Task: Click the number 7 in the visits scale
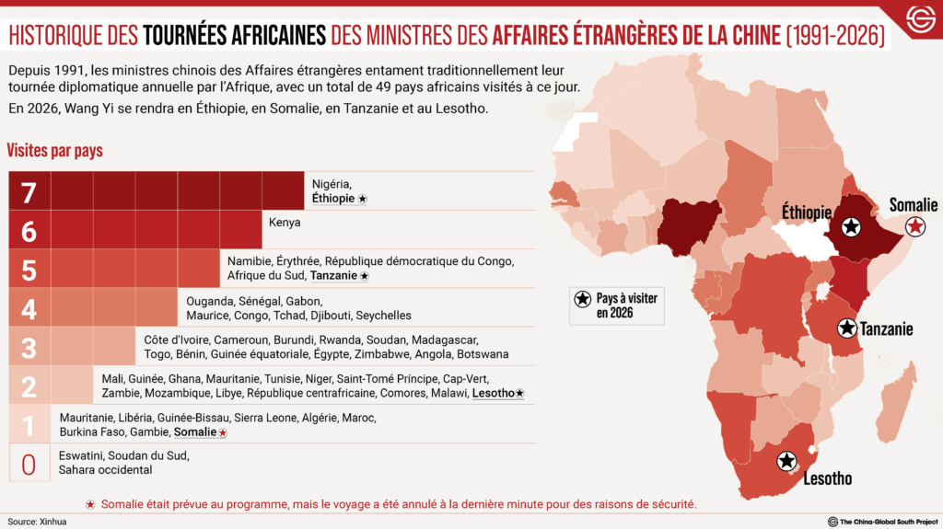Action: coord(29,191)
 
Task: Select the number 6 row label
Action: coord(29,230)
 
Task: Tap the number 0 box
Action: coord(29,462)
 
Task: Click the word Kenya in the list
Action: coord(285,223)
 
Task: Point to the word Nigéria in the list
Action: coord(332,183)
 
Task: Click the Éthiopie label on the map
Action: coord(807,213)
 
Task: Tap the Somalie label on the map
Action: coord(913,205)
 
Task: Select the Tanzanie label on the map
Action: coord(887,328)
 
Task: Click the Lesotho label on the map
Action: coord(827,478)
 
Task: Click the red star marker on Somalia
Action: coord(914,226)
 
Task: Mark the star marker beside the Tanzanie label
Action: coord(846,328)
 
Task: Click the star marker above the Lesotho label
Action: coord(786,461)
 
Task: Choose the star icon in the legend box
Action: coord(582,300)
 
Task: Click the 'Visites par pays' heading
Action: coord(55,150)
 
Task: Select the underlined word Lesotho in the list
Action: coord(493,393)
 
